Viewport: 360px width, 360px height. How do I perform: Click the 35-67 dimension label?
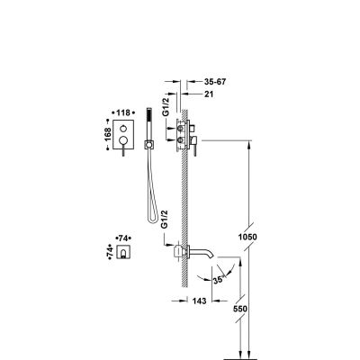[x=214, y=82]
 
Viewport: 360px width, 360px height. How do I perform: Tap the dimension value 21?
[x=209, y=94]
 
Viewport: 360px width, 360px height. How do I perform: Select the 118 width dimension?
[x=123, y=112]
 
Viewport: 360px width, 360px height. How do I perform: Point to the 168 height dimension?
[x=108, y=134]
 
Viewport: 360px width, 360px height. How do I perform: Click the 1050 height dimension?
[x=247, y=237]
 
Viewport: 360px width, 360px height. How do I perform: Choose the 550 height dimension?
[x=240, y=309]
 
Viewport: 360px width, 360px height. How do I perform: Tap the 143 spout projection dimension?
[x=199, y=301]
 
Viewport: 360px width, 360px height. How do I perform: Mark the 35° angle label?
[x=219, y=280]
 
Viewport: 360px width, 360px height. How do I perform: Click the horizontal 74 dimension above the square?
[x=123, y=238]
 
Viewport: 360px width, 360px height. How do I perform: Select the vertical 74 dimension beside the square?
[x=110, y=250]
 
